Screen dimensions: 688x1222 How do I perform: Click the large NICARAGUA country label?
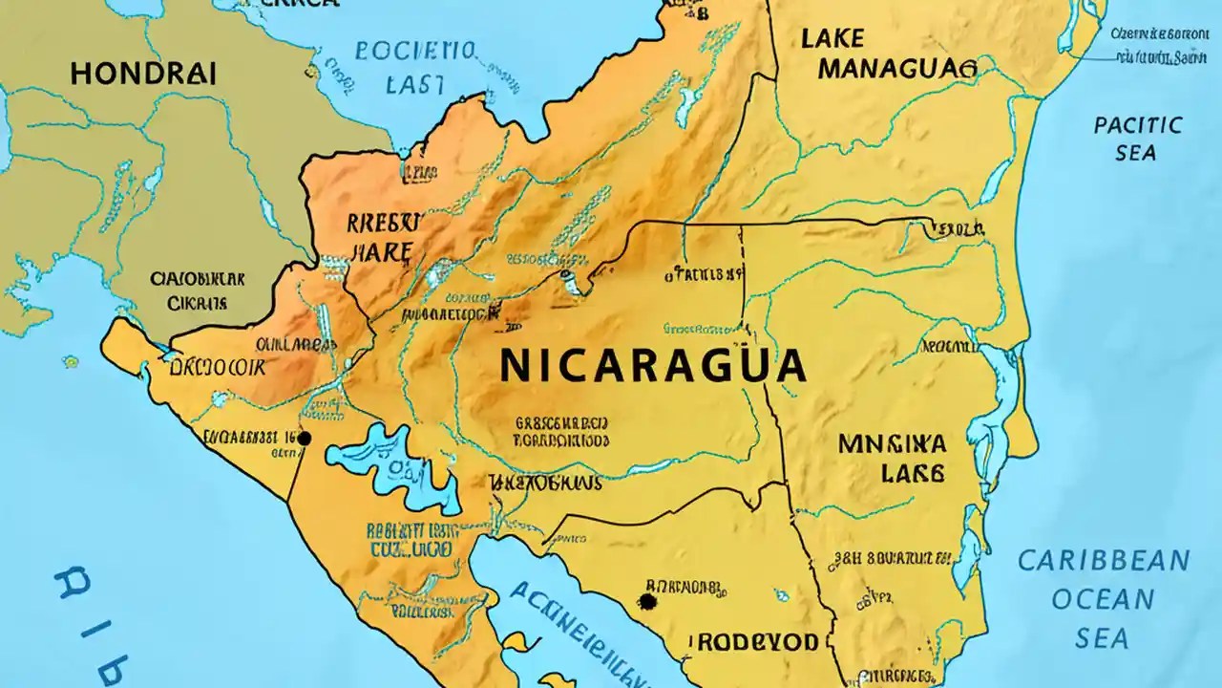[x=652, y=366]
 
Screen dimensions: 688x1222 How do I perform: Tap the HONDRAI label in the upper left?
[x=143, y=74]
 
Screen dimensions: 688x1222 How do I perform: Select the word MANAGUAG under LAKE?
[x=897, y=68]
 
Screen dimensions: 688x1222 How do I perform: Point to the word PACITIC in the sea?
[x=1137, y=125]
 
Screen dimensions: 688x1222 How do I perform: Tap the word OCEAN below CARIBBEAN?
[x=1103, y=599]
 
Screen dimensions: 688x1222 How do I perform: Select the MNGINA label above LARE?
[x=892, y=443]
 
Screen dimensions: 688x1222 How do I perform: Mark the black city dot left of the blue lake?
[x=305, y=438]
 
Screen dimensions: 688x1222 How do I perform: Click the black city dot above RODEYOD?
[x=647, y=601]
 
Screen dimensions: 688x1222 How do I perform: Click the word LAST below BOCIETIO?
[x=415, y=84]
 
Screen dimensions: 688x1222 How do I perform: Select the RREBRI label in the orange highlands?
[x=382, y=224]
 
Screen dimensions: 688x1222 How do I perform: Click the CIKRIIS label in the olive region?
[x=197, y=304]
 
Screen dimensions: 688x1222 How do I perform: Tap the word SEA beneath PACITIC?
[x=1135, y=153]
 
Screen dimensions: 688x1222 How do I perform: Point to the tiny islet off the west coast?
[x=70, y=362]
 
